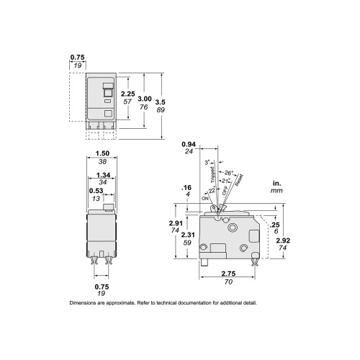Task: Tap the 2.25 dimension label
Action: pos(127,94)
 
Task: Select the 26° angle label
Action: pos(229,173)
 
